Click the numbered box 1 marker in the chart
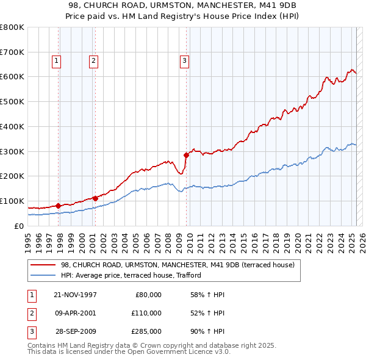click(x=56, y=60)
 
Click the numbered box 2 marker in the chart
click(x=93, y=60)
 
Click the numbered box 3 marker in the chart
click(x=184, y=60)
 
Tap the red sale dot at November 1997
click(x=59, y=206)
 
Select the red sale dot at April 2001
click(x=95, y=198)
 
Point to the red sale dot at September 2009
click(x=187, y=154)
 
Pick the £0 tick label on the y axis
click(x=20, y=226)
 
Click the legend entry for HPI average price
click(x=131, y=276)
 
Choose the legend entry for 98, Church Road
click(x=178, y=265)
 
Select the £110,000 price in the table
click(x=146, y=313)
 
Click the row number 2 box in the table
click(x=30, y=313)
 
